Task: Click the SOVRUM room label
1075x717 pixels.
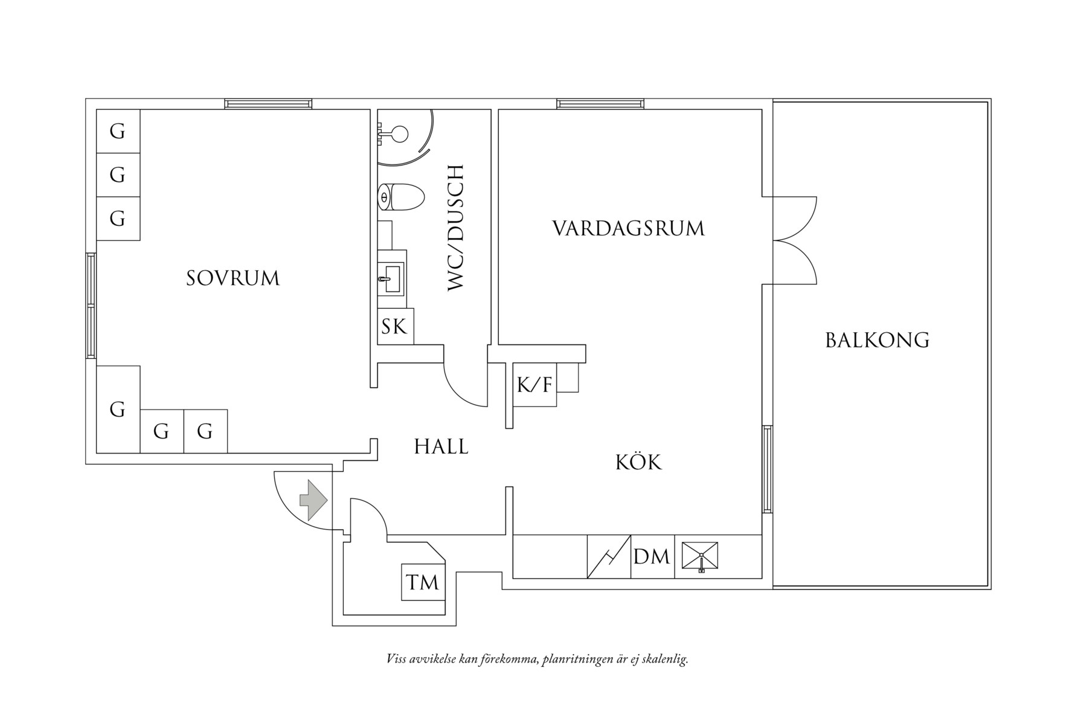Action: pos(233,278)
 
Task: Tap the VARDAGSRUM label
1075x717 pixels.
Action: pos(628,228)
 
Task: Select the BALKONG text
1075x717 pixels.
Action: pos(877,340)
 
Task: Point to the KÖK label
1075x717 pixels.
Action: pos(638,463)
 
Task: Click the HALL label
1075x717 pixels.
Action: pos(441,447)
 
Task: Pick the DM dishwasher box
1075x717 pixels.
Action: pos(652,556)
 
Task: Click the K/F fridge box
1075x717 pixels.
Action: pos(534,384)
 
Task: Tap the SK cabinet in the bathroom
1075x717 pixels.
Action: pos(395,327)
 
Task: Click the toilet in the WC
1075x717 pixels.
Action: pos(400,198)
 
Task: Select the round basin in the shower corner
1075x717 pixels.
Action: pos(399,133)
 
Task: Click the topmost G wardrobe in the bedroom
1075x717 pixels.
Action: pos(118,131)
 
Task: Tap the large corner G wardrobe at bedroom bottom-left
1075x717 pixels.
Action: pos(118,410)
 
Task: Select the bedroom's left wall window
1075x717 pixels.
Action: pos(91,306)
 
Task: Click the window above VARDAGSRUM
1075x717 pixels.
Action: pos(600,104)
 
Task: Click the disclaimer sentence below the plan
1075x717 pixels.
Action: pos(537,658)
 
